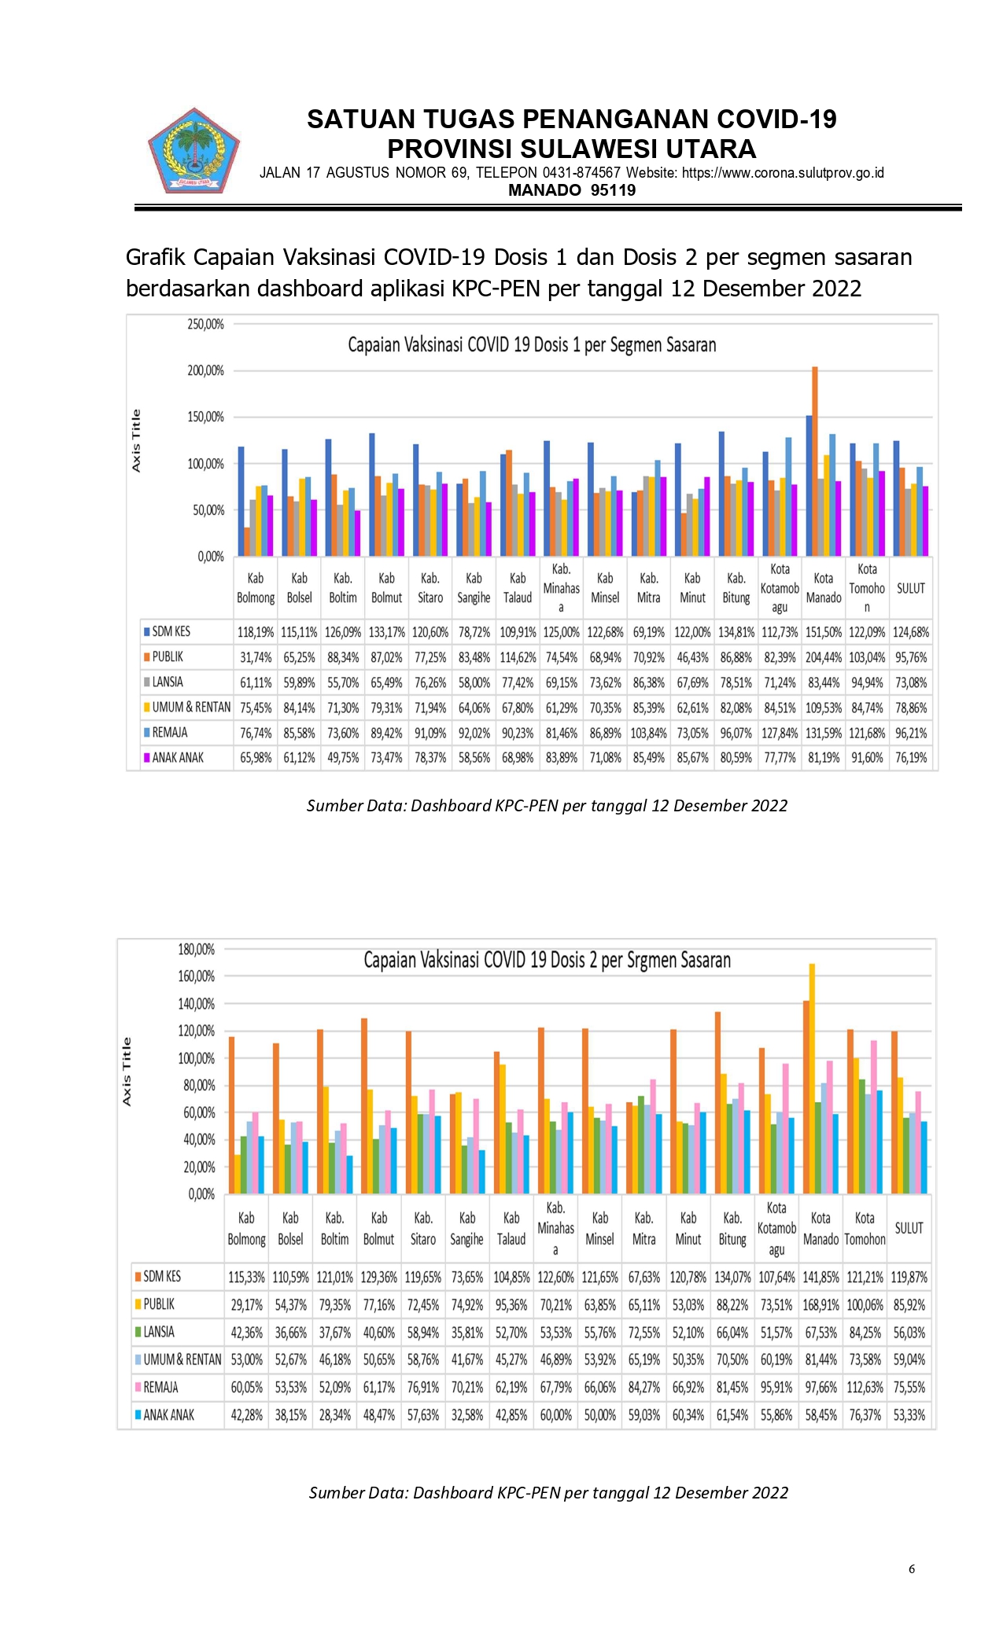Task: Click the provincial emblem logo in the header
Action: click(x=194, y=151)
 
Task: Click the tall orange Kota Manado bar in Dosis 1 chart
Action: click(x=815, y=461)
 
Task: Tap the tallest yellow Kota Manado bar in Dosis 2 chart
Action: click(x=812, y=1079)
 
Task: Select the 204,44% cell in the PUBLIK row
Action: click(x=824, y=657)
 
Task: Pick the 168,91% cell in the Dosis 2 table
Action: click(x=820, y=1305)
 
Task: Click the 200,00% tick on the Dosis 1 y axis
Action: click(x=205, y=370)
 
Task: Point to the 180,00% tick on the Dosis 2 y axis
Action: click(x=196, y=950)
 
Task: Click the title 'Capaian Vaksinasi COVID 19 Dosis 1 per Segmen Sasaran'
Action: click(x=532, y=345)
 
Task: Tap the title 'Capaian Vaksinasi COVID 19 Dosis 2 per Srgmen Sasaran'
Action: click(x=547, y=960)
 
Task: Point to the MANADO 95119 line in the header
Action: click(x=572, y=190)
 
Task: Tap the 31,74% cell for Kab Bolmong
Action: click(x=256, y=657)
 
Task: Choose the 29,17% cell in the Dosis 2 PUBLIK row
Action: click(x=246, y=1305)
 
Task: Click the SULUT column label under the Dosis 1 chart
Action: click(x=911, y=588)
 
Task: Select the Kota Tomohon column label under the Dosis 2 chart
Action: click(x=865, y=1229)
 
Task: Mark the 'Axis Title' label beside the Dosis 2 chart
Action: click(x=127, y=1072)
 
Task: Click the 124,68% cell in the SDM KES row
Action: click(x=911, y=632)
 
